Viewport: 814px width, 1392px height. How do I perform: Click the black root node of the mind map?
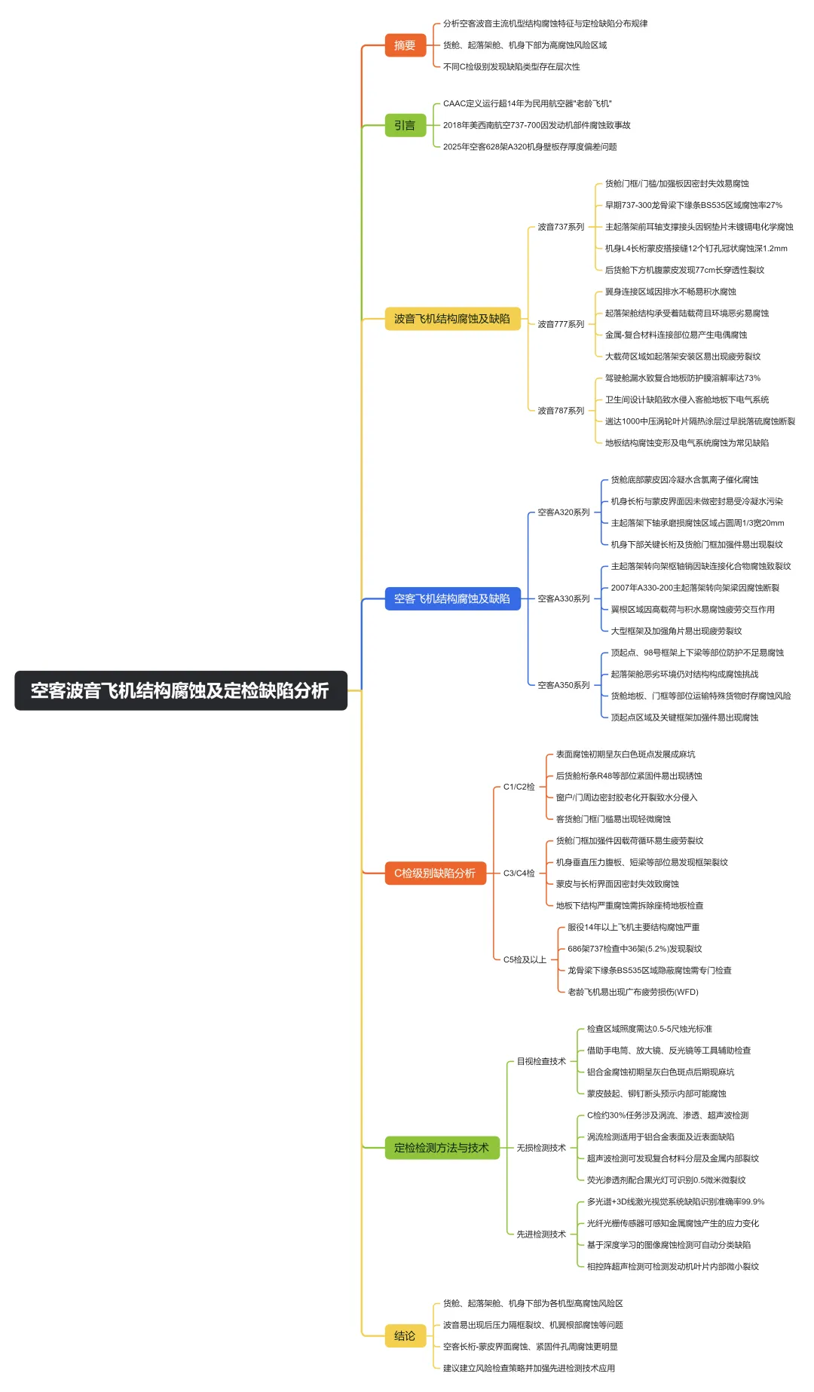click(x=180, y=690)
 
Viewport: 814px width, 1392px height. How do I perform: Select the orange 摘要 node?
click(x=405, y=45)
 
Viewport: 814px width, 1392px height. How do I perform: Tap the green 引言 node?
click(x=405, y=125)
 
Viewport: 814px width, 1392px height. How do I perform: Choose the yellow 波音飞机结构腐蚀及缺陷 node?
click(x=452, y=319)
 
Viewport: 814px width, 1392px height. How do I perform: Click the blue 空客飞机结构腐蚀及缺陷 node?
click(x=452, y=598)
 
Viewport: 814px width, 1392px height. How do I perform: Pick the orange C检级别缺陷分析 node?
click(x=435, y=873)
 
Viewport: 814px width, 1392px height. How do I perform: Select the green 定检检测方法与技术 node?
click(x=442, y=1147)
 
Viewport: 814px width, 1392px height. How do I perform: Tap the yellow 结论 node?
click(x=405, y=1335)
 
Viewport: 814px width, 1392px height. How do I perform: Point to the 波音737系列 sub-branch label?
click(x=561, y=227)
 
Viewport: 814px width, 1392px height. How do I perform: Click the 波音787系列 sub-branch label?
click(x=561, y=411)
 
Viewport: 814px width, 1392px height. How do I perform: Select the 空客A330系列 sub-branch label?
click(x=564, y=598)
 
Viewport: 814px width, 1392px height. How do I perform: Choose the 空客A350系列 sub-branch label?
click(x=564, y=685)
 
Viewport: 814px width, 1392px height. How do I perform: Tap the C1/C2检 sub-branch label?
click(x=519, y=787)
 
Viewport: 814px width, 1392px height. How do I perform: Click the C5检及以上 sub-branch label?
click(x=525, y=959)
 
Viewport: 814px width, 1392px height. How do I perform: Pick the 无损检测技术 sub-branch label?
click(x=541, y=1148)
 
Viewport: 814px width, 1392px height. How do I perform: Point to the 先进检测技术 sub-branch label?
click(x=541, y=1234)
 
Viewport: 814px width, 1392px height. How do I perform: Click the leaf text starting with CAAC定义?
click(x=528, y=103)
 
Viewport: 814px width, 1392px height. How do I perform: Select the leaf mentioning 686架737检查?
click(x=635, y=949)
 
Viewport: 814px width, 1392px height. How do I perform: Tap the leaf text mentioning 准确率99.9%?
click(x=675, y=1201)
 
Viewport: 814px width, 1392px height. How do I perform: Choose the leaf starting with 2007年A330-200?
click(x=695, y=588)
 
